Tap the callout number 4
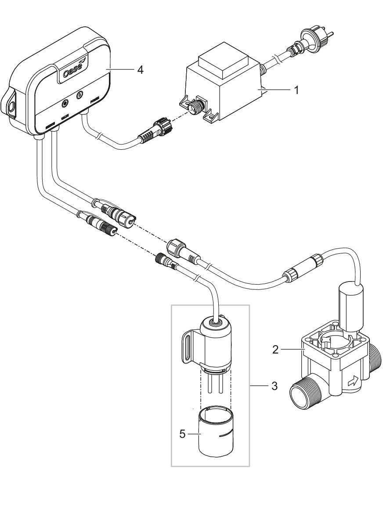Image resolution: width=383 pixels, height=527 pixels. [x=140, y=70]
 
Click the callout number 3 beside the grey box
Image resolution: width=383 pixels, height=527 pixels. [x=274, y=386]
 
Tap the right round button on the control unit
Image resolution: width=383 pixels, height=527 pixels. [x=80, y=94]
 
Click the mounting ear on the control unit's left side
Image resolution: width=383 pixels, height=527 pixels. [x=13, y=106]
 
